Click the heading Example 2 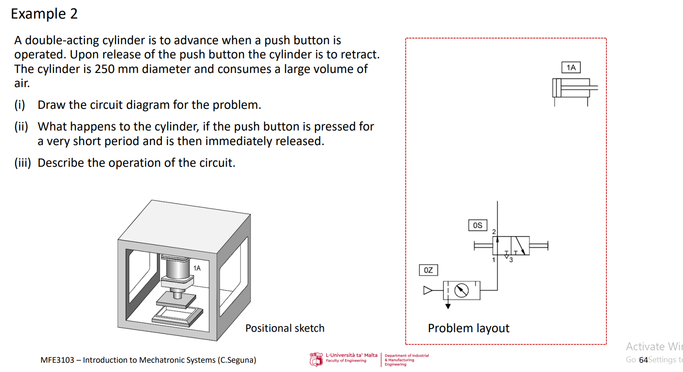point(44,14)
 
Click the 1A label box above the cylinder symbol point(571,68)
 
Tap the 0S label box point(478,225)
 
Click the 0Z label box point(428,270)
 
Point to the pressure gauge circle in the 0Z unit point(461,291)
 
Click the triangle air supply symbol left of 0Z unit point(428,291)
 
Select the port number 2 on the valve point(494,232)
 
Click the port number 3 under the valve point(511,260)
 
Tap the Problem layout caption point(468,328)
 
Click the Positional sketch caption point(285,328)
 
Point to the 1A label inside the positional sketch point(197,268)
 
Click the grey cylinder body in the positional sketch point(177,269)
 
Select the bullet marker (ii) point(21,127)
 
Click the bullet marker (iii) point(23,163)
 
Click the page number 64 point(643,360)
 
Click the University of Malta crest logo point(316,359)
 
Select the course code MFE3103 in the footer point(57,360)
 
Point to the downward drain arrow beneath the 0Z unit point(448,306)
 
